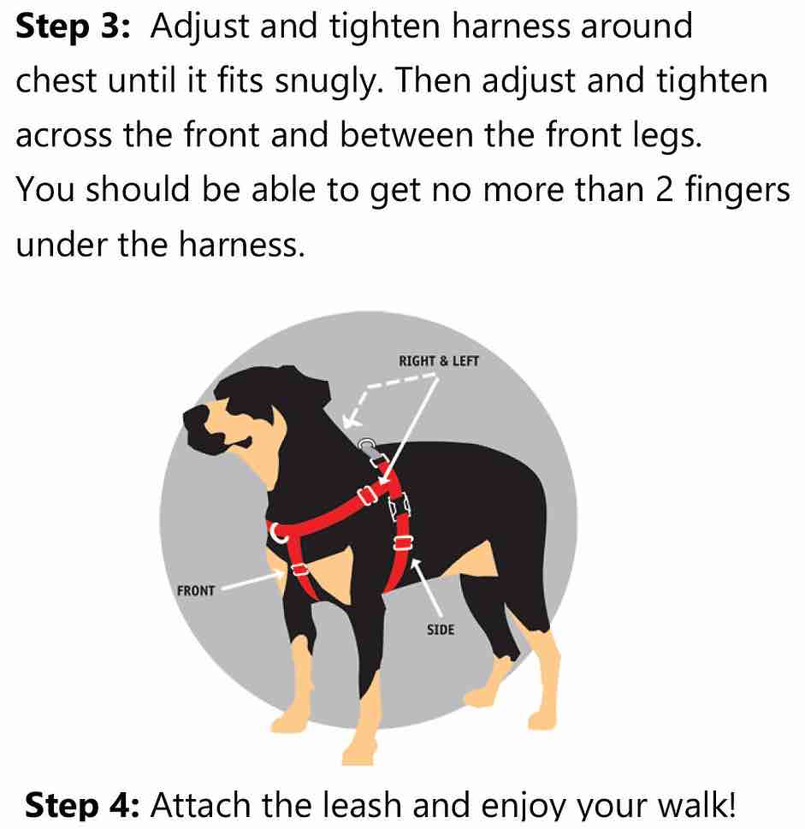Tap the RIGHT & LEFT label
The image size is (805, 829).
point(439,361)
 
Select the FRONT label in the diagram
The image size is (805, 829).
point(196,591)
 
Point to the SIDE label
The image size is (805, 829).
point(440,631)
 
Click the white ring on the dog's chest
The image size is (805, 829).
point(276,531)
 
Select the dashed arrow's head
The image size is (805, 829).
point(347,419)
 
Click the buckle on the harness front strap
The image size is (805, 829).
point(299,569)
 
